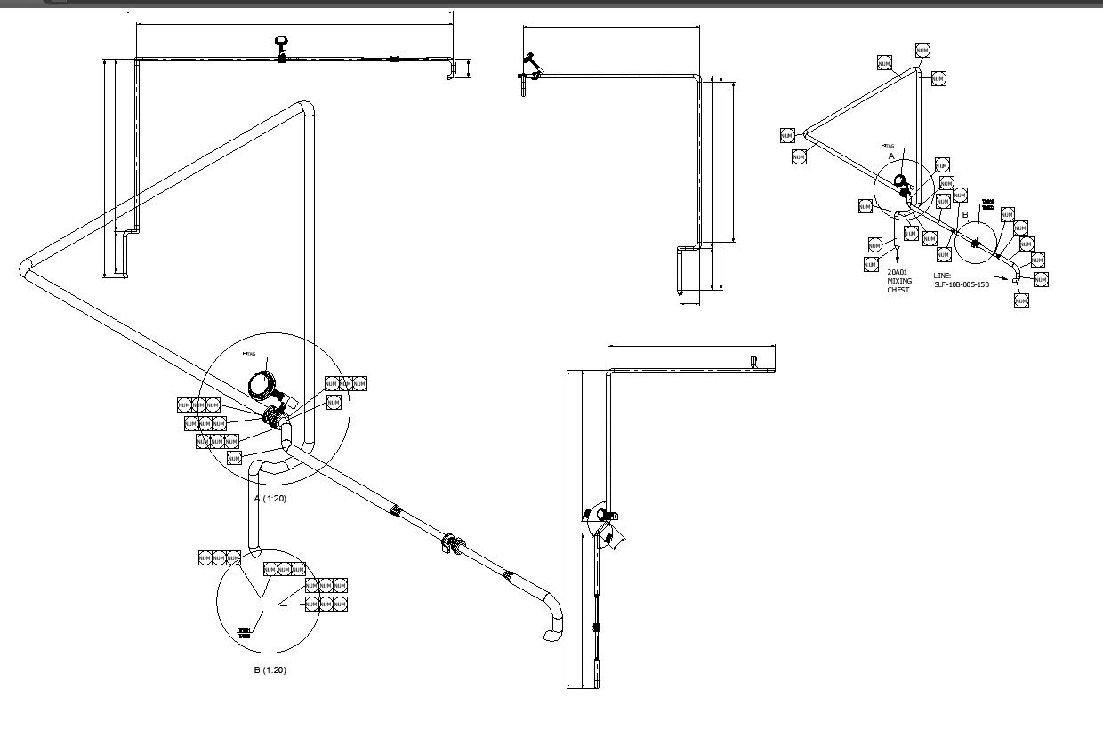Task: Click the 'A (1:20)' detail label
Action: point(270,499)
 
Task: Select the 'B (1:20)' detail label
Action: point(270,670)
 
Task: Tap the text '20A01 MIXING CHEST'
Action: point(898,281)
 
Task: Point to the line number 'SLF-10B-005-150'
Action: point(961,285)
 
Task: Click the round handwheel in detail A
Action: point(262,384)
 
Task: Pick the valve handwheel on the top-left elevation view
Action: point(282,41)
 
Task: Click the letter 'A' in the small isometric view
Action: point(892,156)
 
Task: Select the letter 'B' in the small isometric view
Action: point(965,215)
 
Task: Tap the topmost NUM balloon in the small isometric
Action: point(922,51)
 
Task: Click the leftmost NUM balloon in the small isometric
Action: point(787,135)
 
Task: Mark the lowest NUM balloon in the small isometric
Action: point(1021,300)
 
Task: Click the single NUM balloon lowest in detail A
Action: point(234,458)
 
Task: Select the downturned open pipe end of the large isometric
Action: point(550,635)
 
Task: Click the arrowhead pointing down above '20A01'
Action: point(896,259)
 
